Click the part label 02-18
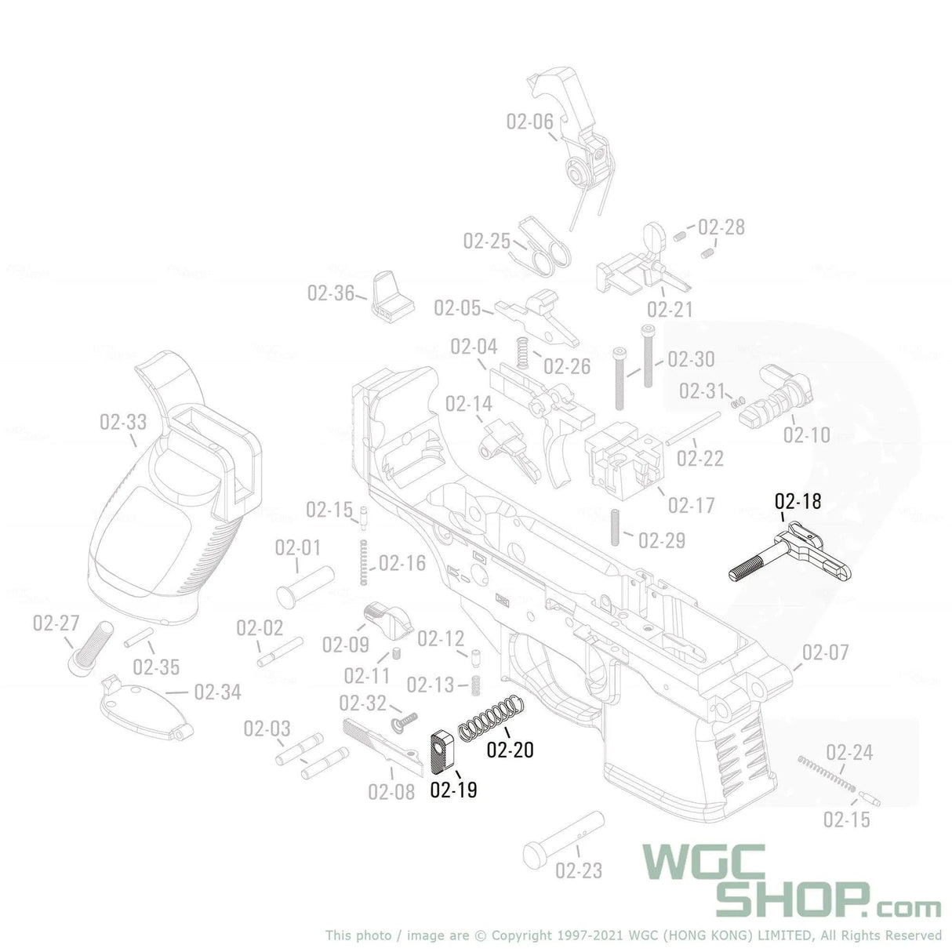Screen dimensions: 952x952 798,500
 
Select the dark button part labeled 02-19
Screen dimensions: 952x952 445,750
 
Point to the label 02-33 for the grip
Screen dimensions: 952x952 123,423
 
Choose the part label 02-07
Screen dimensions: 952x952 825,652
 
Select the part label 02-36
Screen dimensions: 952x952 331,293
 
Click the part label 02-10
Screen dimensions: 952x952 806,434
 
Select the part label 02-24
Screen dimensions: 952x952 848,753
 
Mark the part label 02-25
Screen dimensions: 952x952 486,241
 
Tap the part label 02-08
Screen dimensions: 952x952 391,792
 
